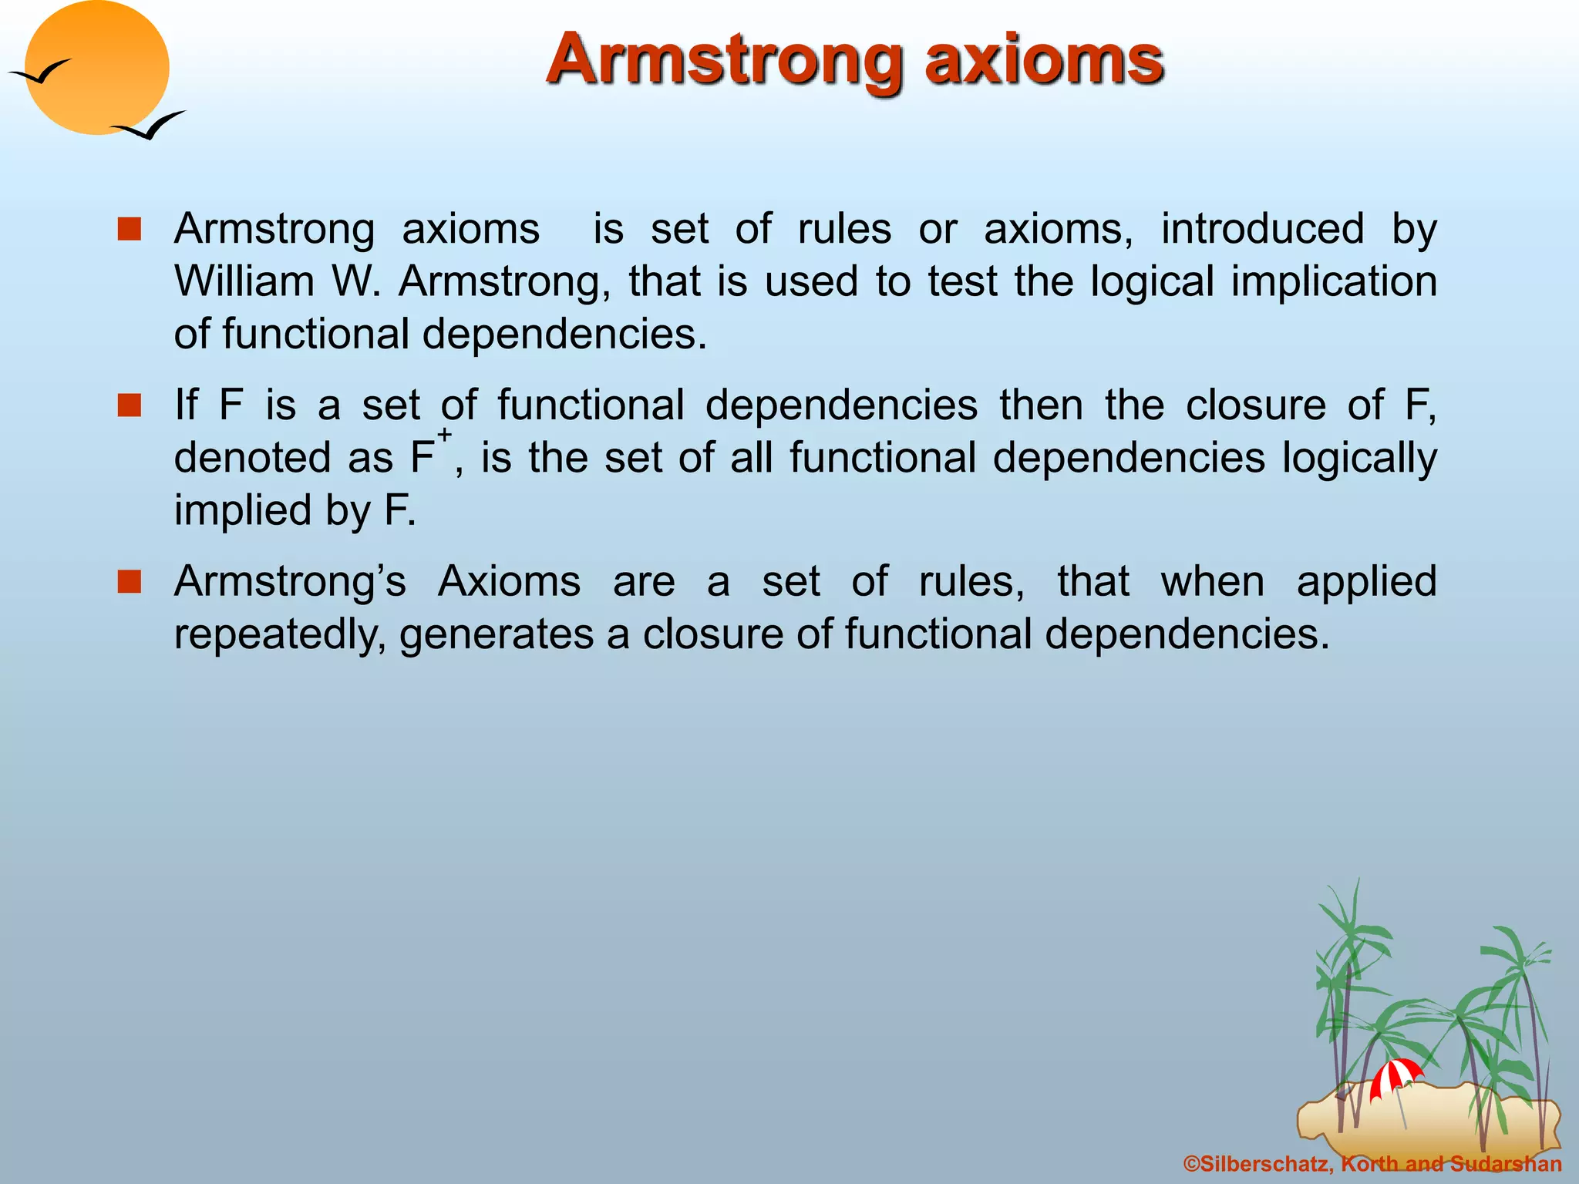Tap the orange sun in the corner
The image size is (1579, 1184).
pyautogui.click(x=96, y=68)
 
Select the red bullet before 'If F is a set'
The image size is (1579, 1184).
pyautogui.click(x=130, y=405)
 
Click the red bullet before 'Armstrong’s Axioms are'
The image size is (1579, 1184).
pyautogui.click(x=130, y=582)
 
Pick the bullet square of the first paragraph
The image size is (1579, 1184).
pyautogui.click(x=130, y=230)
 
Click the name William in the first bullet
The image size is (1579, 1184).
pyautogui.click(x=244, y=281)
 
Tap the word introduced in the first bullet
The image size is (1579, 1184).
pyautogui.click(x=1262, y=229)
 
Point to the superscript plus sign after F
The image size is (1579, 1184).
pyautogui.click(x=445, y=435)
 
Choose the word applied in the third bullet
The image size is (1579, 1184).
pyautogui.click(x=1366, y=582)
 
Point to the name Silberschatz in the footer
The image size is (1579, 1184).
pyautogui.click(x=1264, y=1164)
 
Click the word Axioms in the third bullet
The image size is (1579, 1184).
pyautogui.click(x=509, y=582)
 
